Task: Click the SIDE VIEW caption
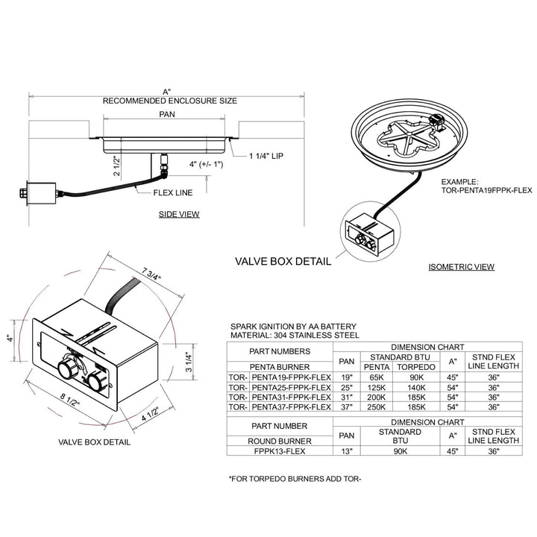(x=178, y=214)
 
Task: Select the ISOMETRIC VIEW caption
(x=462, y=266)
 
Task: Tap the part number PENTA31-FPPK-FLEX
(x=291, y=397)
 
